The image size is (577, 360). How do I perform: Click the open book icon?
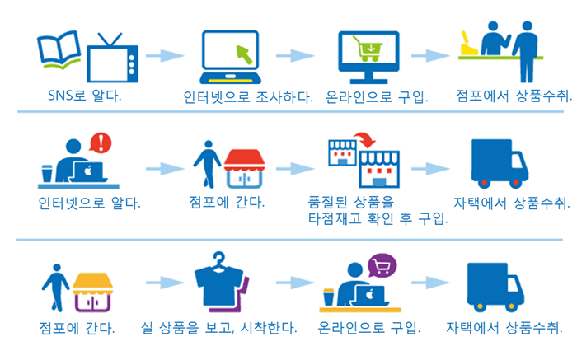point(59,50)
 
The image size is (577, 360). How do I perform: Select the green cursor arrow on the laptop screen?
point(245,55)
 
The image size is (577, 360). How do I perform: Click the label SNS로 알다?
point(86,96)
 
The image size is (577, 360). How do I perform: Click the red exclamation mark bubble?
point(101,144)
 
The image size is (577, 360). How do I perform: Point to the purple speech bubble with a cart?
point(382,266)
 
